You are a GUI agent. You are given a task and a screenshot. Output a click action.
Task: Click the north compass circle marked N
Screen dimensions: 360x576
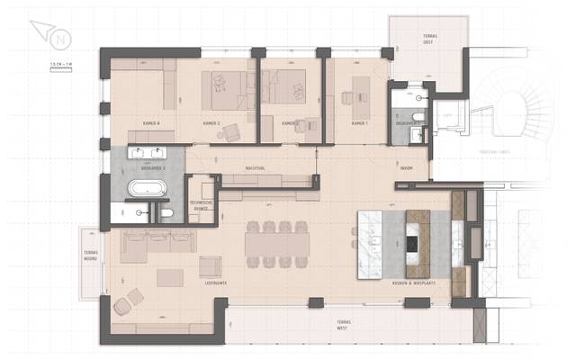(60, 40)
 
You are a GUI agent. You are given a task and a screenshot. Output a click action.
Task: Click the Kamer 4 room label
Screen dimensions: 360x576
(151, 123)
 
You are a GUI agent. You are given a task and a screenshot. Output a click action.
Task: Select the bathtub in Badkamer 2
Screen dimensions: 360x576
(145, 189)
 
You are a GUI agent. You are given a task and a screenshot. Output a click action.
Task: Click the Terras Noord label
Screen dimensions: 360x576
(90, 256)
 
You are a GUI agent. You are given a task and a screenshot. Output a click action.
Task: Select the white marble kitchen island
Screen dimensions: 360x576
(379, 242)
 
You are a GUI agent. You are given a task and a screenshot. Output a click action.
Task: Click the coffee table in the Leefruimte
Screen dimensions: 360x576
(169, 276)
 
